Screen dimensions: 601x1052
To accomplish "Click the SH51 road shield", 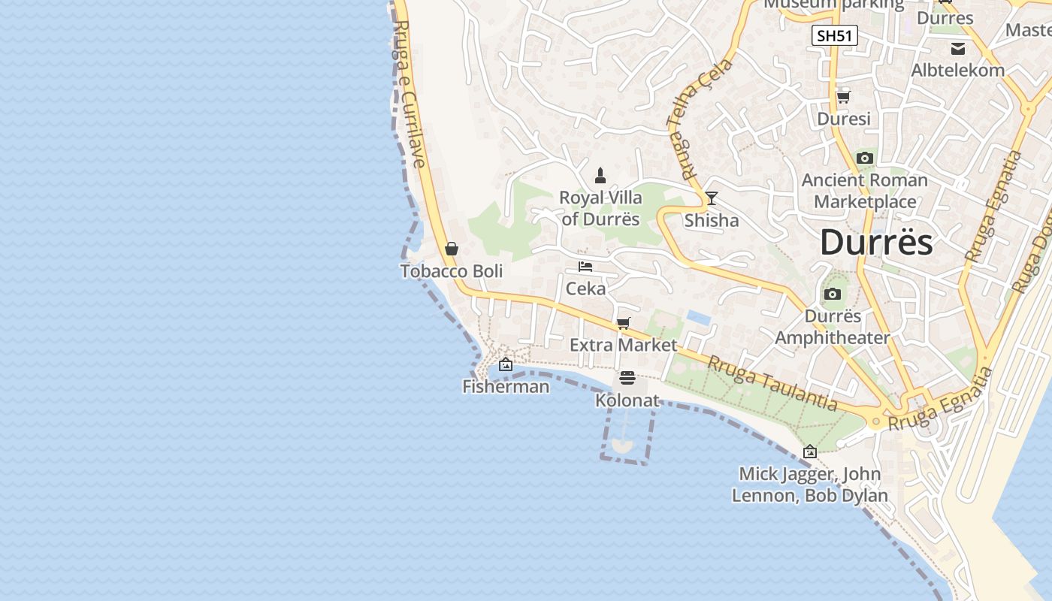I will pos(834,35).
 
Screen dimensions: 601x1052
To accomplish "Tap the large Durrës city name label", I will pos(876,242).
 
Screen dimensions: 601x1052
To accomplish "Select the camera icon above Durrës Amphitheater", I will pos(832,294).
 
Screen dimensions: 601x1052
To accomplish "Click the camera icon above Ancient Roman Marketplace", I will pos(865,158).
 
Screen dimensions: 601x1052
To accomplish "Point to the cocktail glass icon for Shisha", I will pos(711,198).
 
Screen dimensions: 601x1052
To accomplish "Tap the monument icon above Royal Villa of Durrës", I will pos(600,176).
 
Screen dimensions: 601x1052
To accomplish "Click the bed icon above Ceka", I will pos(585,267).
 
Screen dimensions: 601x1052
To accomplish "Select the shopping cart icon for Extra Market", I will pos(623,323).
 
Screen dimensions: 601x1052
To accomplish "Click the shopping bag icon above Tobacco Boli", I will pos(452,249).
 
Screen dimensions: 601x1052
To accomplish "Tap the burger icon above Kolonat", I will pos(627,378).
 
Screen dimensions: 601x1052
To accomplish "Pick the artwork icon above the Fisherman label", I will pos(506,364).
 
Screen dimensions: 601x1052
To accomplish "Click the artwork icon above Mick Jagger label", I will pos(809,452).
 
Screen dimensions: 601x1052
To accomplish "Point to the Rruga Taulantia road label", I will pos(772,382).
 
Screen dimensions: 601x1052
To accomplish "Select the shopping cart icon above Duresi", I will pos(843,97).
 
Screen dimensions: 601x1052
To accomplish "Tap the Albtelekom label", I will pos(957,70).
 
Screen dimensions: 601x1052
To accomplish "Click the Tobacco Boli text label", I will pos(452,271).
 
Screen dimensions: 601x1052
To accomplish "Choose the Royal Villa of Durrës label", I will pos(600,208).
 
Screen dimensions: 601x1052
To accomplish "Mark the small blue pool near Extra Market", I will pos(699,318).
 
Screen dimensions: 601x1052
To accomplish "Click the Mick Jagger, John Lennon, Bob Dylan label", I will pos(810,485).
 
